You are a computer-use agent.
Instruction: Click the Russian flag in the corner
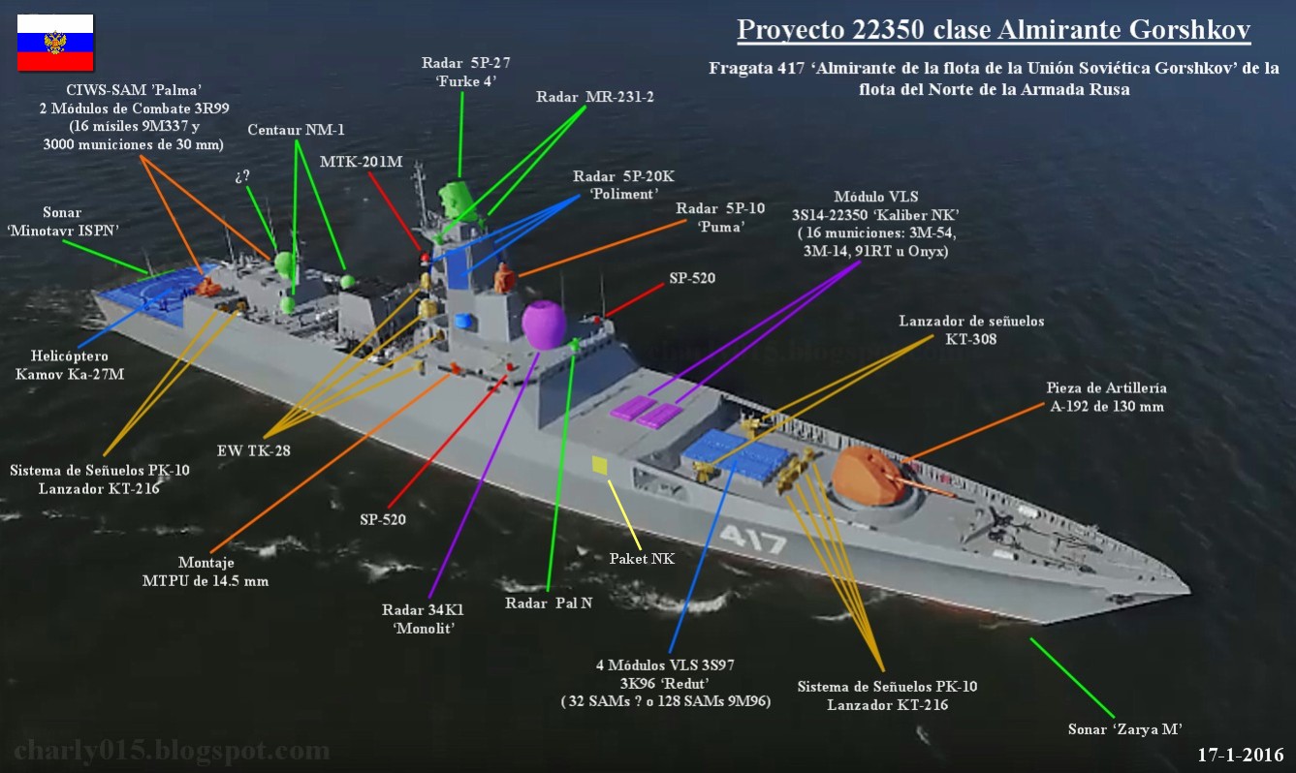[x=55, y=43]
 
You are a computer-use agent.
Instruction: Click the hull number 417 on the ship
[x=753, y=538]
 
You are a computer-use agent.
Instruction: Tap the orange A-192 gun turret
[x=869, y=476]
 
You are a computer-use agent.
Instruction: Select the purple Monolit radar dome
[x=544, y=325]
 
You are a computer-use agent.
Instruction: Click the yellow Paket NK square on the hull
[x=600, y=466]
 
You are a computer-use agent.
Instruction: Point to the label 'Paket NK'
[x=641, y=559]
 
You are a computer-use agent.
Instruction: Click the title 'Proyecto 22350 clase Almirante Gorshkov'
[x=994, y=30]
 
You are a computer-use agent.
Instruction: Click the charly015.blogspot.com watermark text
[x=173, y=751]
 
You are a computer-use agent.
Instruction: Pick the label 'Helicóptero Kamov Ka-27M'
[x=70, y=365]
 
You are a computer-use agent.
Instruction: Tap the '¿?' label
[x=242, y=176]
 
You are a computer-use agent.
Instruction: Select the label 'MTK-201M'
[x=362, y=162]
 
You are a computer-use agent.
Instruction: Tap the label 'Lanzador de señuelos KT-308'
[x=971, y=329]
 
